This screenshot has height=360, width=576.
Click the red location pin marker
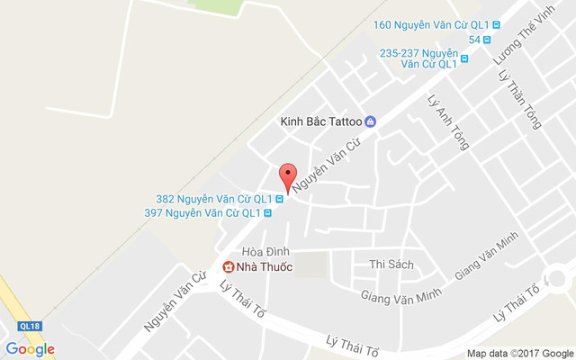click(287, 175)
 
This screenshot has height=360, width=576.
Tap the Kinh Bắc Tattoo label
click(320, 121)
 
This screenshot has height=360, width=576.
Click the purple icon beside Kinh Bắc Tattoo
click(370, 122)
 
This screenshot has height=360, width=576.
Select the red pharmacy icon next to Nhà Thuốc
click(229, 266)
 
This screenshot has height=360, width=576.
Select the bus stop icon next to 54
click(487, 39)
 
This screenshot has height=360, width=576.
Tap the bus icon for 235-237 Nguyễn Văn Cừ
click(464, 60)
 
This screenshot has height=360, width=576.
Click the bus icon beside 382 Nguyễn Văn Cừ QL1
click(280, 199)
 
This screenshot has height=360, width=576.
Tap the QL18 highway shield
click(29, 326)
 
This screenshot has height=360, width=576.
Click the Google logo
click(30, 349)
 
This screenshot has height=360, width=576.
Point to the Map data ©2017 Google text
click(519, 352)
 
